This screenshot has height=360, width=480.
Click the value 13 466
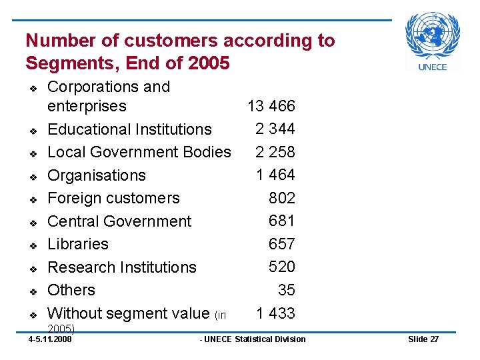[x=271, y=106]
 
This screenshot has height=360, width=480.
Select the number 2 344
[x=275, y=128]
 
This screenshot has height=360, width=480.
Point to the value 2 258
[x=275, y=151]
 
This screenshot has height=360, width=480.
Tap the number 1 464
[x=275, y=175]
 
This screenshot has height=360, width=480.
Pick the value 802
[x=281, y=198]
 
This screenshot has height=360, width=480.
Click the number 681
[x=281, y=221]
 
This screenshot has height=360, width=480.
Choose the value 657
[x=281, y=244]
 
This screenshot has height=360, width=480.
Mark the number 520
[x=281, y=267]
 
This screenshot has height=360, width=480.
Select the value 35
[x=287, y=290]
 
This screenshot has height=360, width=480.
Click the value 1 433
[x=275, y=313]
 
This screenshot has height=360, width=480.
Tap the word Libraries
[x=78, y=244]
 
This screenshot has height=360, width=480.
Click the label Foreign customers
[x=113, y=198]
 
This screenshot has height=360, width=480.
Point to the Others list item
[x=71, y=290]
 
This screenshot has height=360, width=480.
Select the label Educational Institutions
[x=129, y=129]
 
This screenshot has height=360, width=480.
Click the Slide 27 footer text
[x=423, y=339]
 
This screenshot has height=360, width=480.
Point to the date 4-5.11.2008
[x=50, y=339]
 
